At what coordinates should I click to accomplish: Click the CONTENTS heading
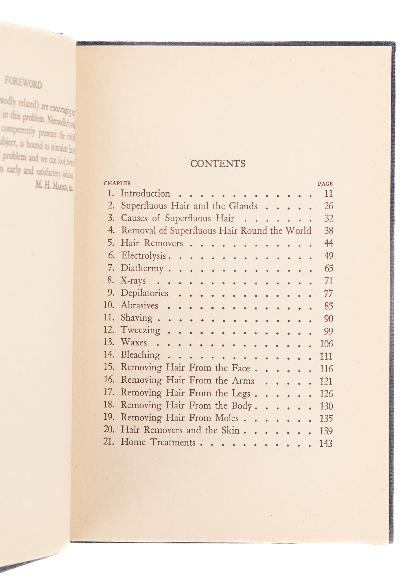[x=218, y=164]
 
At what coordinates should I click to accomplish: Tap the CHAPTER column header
[x=117, y=183]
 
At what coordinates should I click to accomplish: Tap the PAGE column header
[x=325, y=183]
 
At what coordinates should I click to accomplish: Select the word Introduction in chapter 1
[x=145, y=193]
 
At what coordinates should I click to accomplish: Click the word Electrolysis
[x=143, y=255]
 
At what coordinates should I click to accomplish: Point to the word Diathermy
[x=142, y=268]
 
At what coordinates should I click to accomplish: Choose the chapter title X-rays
[x=133, y=280]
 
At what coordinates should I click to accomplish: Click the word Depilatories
[x=144, y=293]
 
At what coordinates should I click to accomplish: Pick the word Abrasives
[x=139, y=305]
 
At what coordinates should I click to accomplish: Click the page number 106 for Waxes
[x=326, y=344]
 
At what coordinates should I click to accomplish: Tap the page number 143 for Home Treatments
[x=326, y=443]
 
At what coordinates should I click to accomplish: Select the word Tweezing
[x=140, y=330]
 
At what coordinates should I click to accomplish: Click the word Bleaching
[x=140, y=355]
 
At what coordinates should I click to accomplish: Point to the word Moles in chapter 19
[x=227, y=418]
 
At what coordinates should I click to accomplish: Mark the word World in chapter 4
[x=298, y=231]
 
